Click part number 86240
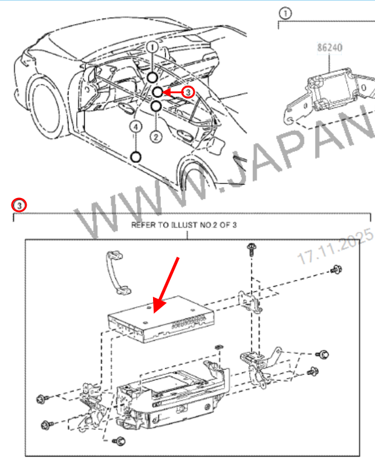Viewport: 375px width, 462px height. (330, 47)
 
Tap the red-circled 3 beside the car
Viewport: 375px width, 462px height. (187, 93)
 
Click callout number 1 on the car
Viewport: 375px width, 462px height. (152, 47)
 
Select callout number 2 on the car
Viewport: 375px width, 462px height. (155, 136)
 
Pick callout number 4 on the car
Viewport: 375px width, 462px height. (135, 127)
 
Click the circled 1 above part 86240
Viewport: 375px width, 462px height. (285, 13)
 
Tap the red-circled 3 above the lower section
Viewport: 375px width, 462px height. (19, 205)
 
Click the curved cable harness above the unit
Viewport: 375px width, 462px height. (117, 272)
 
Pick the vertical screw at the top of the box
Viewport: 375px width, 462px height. (252, 249)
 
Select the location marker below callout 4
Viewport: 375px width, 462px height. (135, 157)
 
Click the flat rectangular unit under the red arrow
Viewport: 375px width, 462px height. (161, 320)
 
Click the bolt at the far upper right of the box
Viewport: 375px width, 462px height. (336, 269)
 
